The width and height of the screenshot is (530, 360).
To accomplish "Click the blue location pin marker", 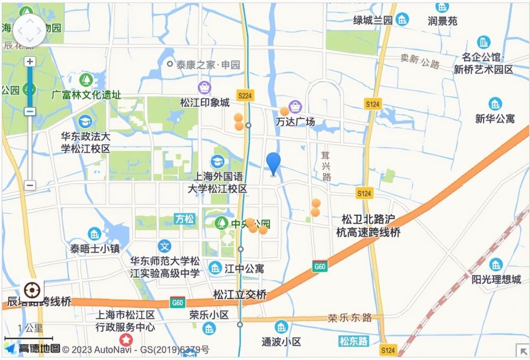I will coord(273,163).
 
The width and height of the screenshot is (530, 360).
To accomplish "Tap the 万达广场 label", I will coord(295,121).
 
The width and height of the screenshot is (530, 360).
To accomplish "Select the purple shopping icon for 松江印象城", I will coord(204,87).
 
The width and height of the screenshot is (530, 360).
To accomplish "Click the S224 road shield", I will coord(245,96).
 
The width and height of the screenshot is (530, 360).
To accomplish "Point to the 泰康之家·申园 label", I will coord(208,65).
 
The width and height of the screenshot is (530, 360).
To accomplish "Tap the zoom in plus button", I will coord(30,61).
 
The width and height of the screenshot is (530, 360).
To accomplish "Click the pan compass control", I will coord(30,30).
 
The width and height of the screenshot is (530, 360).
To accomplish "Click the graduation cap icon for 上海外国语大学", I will coord(218,161).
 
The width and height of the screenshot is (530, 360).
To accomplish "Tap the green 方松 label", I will coord(184,219).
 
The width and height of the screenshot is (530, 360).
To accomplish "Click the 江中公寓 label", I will coord(243,269).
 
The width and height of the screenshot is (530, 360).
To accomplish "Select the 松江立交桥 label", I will coord(240,294).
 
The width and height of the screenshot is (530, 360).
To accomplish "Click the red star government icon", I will coord(127,340).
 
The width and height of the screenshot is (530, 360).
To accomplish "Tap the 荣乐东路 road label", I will coord(349,318).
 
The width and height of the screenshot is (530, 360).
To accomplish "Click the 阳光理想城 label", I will coord(496,279).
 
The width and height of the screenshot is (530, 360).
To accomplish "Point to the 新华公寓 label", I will coord(495,118).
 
